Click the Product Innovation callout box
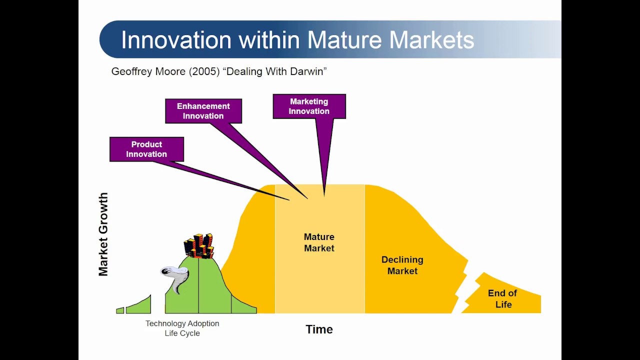coord(146,149)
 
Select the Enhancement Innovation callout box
coord(203,111)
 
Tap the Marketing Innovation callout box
coord(309,106)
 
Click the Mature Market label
coord(319,242)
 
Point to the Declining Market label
coord(402,265)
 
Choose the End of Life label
coord(502,298)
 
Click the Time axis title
coord(319,329)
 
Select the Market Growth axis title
coord(103,234)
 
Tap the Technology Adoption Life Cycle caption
coord(182,328)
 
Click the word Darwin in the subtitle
coord(308,71)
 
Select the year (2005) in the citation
coord(204,71)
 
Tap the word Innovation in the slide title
coord(176,39)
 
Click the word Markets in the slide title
coord(431,39)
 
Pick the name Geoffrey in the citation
coord(131,71)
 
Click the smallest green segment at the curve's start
coord(120,310)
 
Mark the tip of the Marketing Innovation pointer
coord(324,196)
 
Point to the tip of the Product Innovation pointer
coord(289,200)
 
